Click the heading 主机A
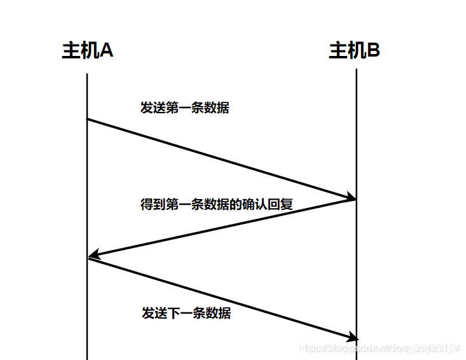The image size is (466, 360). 88,51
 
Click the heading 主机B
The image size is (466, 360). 354,51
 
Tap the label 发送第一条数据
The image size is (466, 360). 184,107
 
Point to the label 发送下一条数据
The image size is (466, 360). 186,314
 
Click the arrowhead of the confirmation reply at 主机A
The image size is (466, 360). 93,256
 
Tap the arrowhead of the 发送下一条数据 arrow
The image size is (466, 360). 352,336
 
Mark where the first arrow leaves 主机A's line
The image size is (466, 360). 87,119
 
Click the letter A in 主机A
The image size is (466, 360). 107,51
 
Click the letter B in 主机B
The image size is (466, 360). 373,51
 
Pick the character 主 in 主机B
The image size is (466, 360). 337,51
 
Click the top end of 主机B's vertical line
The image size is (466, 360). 356,69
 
